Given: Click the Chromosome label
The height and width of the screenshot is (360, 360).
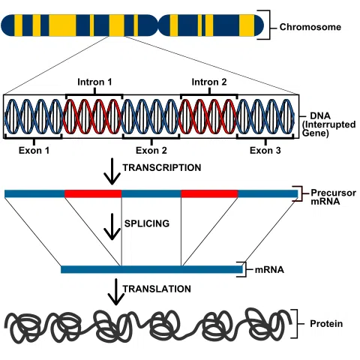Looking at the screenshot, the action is [x=310, y=27].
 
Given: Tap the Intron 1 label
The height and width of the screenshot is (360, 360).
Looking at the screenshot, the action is [x=94, y=82].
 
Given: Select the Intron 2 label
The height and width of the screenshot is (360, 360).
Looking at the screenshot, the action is [x=209, y=82].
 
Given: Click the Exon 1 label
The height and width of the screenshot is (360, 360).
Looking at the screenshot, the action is [x=34, y=151].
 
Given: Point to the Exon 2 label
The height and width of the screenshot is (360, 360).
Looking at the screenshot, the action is [x=151, y=151].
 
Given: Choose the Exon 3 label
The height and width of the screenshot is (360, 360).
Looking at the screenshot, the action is [x=265, y=151].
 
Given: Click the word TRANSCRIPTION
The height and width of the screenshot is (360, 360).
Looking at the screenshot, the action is [x=162, y=168].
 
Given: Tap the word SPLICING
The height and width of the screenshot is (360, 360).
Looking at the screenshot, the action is [x=147, y=223].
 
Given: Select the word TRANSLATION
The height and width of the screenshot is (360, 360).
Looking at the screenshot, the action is [x=157, y=289].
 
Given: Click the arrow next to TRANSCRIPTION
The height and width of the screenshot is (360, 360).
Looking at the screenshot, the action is [x=112, y=171].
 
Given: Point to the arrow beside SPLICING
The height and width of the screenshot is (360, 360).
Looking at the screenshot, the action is [x=112, y=226].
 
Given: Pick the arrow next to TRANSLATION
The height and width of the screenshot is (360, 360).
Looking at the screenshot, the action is [x=115, y=292].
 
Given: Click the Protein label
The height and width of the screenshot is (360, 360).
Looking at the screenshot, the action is [x=326, y=324].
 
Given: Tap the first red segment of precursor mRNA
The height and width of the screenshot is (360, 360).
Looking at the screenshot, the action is [x=93, y=193].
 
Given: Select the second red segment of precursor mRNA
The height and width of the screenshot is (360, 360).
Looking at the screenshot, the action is [x=209, y=193].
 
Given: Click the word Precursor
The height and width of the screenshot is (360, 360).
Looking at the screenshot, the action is [x=333, y=193].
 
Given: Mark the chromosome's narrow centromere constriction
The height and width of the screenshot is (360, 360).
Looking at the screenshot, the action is [x=158, y=25].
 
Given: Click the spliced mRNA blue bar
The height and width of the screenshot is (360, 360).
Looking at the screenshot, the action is [x=151, y=269].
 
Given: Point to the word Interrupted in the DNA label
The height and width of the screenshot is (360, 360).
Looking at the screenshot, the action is [x=329, y=124].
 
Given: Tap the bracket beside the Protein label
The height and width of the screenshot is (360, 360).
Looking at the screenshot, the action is [x=297, y=324].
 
